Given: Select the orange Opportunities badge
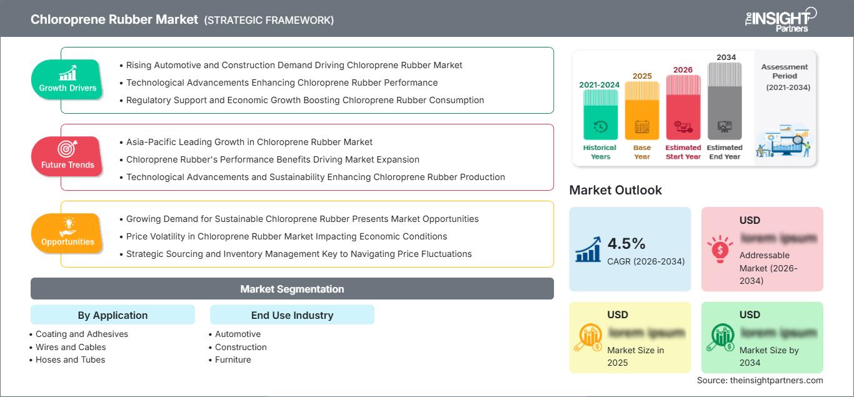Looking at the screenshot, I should click(67, 233).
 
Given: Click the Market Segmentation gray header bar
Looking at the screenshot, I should click(292, 289).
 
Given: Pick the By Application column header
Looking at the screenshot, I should click(113, 315).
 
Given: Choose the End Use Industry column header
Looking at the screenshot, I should click(292, 315).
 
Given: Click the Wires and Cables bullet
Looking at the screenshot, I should click(71, 347).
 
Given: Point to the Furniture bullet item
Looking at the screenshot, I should click(233, 359).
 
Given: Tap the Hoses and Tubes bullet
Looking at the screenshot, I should click(70, 359).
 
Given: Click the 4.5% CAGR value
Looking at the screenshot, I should click(626, 243).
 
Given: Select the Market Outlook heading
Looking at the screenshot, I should click(615, 190).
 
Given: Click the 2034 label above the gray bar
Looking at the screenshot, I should click(726, 58).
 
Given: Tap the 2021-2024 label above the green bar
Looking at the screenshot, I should click(600, 84).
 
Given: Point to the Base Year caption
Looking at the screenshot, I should click(642, 152).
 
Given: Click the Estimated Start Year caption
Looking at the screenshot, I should click(683, 152).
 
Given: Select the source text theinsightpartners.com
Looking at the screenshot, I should click(760, 380).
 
